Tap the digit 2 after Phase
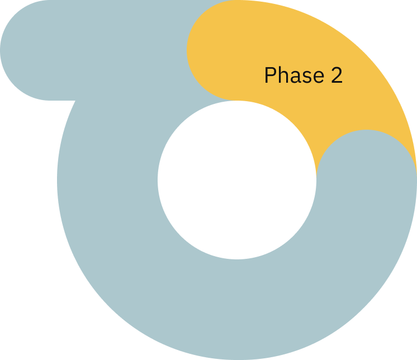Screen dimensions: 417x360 pos(336,75)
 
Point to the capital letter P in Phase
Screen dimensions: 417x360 pos(270,75)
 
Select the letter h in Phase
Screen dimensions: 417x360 pos(282,75)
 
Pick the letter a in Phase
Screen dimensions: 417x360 pos(293,77)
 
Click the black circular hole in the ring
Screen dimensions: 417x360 pos(237,180)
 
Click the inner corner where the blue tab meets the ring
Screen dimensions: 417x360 pos(74,102)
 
